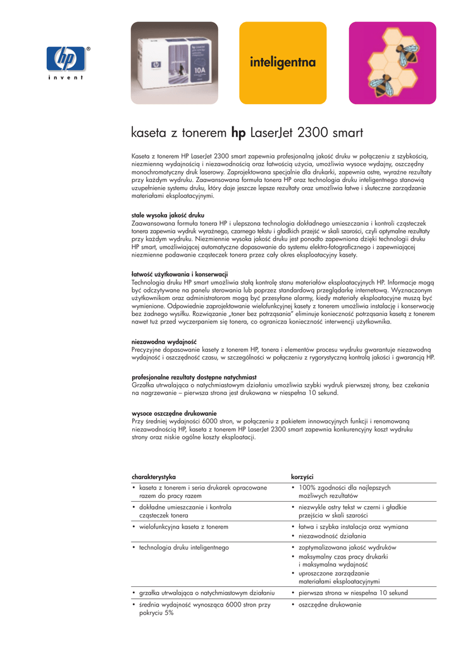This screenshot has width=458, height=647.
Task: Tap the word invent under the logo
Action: pyautogui.click(x=66, y=78)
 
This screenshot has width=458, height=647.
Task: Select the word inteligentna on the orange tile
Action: pyautogui.click(x=282, y=63)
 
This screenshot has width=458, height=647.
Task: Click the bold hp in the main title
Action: pyautogui.click(x=238, y=133)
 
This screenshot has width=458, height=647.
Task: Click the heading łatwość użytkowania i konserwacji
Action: pyautogui.click(x=179, y=274)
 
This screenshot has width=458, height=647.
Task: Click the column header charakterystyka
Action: pyautogui.click(x=153, y=475)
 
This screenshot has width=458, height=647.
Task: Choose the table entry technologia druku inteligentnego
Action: pyautogui.click(x=183, y=547)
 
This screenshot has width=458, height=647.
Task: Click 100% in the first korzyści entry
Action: pyautogui.click(x=307, y=488)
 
